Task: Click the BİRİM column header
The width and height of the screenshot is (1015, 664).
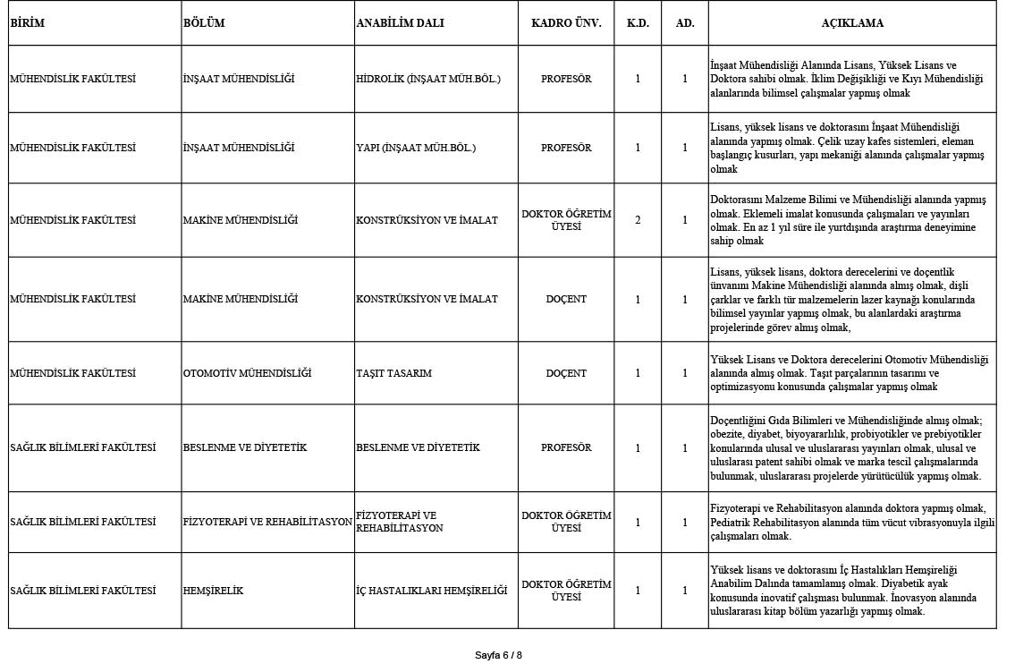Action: point(27,23)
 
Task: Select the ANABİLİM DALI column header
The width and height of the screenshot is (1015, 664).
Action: point(400,23)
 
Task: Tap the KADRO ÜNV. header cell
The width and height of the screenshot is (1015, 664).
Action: point(566,23)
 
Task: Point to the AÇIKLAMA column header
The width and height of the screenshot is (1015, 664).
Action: point(851,23)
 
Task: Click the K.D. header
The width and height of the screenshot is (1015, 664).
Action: point(638,23)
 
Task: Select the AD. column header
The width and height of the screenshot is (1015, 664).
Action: point(685,23)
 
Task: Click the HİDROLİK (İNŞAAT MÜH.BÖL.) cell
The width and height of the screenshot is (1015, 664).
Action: point(427,79)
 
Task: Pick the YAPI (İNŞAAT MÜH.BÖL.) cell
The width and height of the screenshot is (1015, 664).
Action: point(416,148)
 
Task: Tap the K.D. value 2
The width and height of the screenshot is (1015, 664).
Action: point(638,220)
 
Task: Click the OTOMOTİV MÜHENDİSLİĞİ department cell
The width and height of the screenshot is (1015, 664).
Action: point(247,373)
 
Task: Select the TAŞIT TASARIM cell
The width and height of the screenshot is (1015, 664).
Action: point(393,373)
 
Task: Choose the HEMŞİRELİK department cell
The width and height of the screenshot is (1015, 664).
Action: point(213,591)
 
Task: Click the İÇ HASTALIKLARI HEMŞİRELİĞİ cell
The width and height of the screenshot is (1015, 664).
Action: point(431,591)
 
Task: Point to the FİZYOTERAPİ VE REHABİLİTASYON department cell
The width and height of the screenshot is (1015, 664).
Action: point(267,522)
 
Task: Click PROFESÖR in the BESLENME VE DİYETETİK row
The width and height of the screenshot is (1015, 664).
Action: point(566,447)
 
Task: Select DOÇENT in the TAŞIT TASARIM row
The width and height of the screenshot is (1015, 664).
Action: point(566,373)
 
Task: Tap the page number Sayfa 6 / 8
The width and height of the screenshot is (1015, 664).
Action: point(498,655)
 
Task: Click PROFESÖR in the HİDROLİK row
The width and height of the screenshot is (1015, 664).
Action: point(566,79)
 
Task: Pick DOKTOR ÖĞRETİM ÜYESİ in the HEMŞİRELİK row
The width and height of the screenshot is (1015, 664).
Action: point(566,591)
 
